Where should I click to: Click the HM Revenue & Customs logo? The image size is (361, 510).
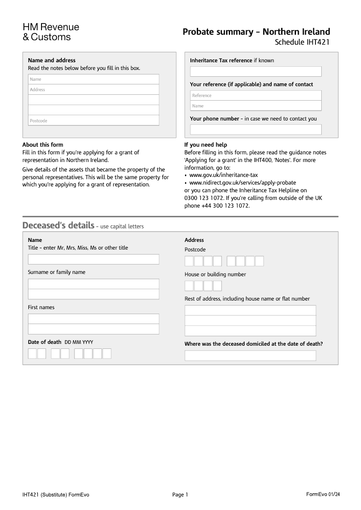(x=51, y=32)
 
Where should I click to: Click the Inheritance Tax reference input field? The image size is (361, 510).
(x=255, y=71)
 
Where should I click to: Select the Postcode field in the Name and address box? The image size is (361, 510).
(x=93, y=121)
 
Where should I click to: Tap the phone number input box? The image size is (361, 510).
(x=255, y=130)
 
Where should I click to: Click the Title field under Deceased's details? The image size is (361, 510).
(x=93, y=259)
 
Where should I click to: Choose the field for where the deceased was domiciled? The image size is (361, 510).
(x=250, y=356)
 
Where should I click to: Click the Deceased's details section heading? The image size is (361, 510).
(x=58, y=225)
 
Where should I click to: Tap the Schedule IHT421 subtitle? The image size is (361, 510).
(x=302, y=42)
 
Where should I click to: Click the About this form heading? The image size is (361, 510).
(x=43, y=145)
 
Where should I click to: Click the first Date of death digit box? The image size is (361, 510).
(x=32, y=353)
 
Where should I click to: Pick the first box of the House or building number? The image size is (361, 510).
(x=189, y=286)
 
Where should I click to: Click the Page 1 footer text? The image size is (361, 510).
(x=180, y=495)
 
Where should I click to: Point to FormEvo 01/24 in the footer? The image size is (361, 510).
(x=323, y=494)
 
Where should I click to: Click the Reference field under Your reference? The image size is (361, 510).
(x=255, y=95)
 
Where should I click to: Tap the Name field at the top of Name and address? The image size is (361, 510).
(x=93, y=79)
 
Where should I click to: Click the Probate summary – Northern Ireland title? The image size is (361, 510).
(x=256, y=32)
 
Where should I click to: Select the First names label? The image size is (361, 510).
(x=41, y=307)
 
